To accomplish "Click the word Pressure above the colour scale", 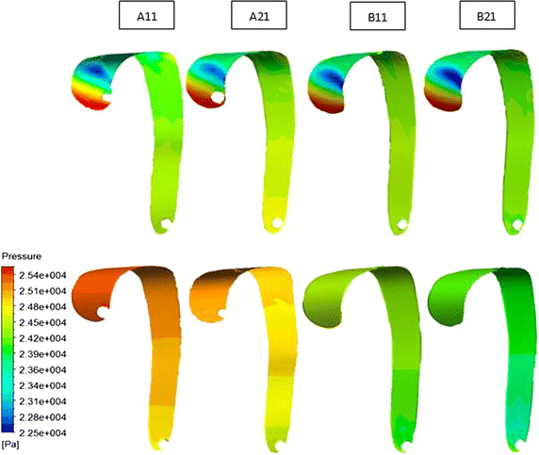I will coord(21,256).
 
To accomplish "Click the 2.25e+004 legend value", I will coord(46,432).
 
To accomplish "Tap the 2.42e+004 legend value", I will coord(46,337).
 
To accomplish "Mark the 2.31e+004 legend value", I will coord(46,400).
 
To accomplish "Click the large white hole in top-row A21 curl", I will coord(218,97).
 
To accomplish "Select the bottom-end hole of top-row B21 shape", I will coord(516,222).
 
